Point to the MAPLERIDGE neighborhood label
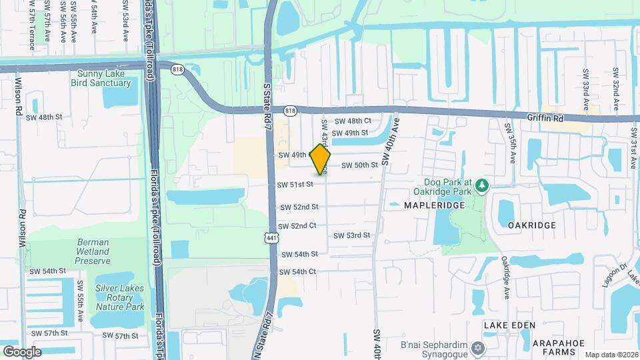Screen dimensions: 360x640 pos(433,206)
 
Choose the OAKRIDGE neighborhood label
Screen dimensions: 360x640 pos(531,225)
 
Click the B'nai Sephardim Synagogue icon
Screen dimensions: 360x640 pos(477,348)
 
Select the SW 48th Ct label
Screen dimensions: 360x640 pos(352,121)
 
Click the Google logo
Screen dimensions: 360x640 pos(22,351)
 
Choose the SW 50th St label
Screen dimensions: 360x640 pos(360,165)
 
